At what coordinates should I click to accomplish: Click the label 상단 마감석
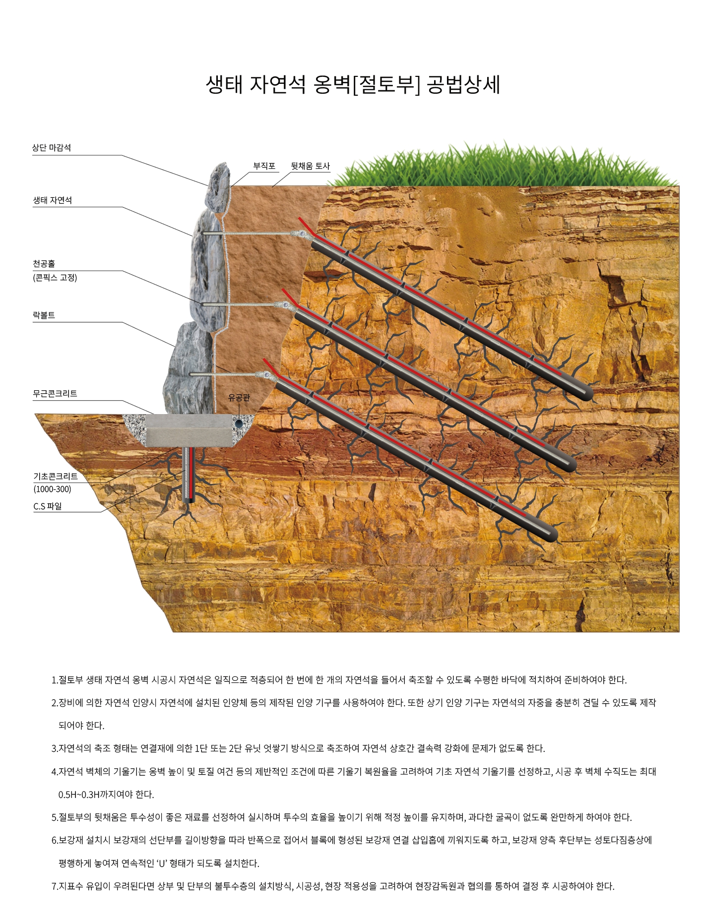(x=52, y=148)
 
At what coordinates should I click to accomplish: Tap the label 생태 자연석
(x=52, y=200)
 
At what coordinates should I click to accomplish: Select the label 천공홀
(x=44, y=264)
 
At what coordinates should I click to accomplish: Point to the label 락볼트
(x=44, y=315)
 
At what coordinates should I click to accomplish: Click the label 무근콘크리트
(x=55, y=394)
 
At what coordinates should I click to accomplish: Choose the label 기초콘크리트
(x=56, y=477)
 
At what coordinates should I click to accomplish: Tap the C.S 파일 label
(x=48, y=506)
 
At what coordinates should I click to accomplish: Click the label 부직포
(x=264, y=166)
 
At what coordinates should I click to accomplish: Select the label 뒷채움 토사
(x=310, y=166)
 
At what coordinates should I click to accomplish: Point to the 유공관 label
(x=239, y=397)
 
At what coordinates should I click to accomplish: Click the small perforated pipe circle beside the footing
(x=240, y=423)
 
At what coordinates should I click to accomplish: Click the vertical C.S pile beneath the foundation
(x=188, y=476)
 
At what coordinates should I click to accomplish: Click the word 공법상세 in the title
(x=464, y=85)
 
